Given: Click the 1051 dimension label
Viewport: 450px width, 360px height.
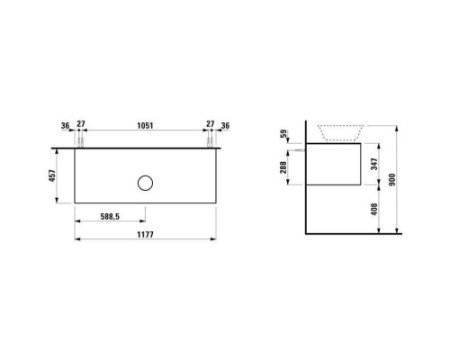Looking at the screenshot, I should [144, 127].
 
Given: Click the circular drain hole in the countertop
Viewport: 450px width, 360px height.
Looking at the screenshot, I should [145, 184].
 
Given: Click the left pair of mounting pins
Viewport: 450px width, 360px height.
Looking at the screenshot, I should [79, 142].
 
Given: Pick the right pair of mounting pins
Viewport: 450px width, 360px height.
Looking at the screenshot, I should [209, 142].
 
